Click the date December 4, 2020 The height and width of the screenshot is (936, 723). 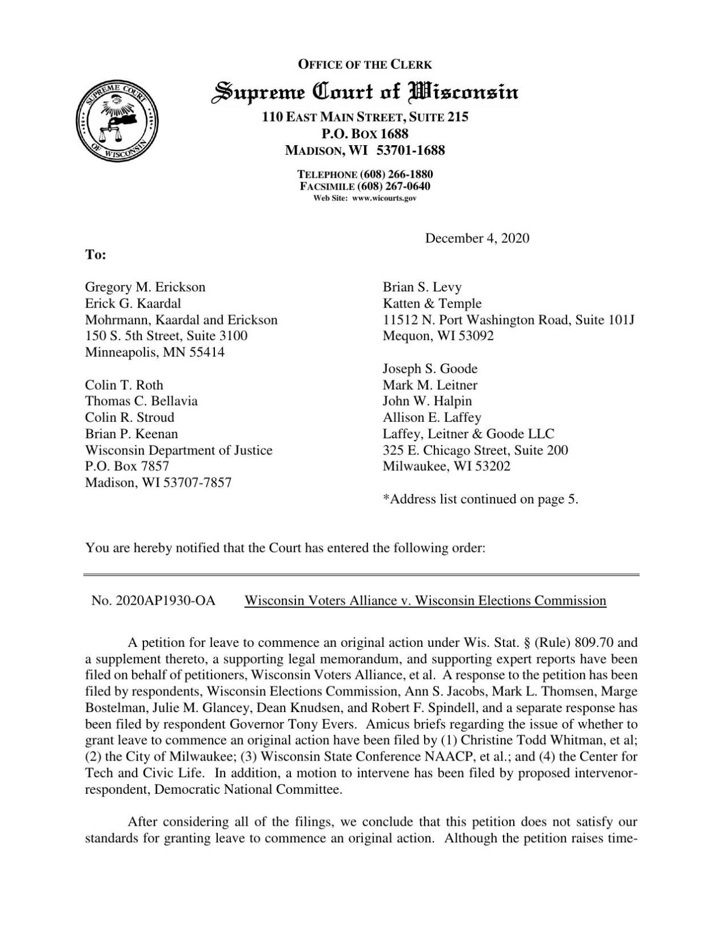click(x=477, y=238)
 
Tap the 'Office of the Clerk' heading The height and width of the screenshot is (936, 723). click(x=365, y=65)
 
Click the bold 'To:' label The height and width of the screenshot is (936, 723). click(x=95, y=255)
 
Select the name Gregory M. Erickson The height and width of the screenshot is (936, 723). click(x=145, y=287)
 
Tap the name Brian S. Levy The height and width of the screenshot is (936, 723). click(x=422, y=287)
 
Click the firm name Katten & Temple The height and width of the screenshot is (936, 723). click(x=432, y=303)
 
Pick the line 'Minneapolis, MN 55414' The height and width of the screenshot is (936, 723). click(x=155, y=352)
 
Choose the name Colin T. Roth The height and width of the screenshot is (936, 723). click(x=124, y=385)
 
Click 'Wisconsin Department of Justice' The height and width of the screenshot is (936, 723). click(x=178, y=450)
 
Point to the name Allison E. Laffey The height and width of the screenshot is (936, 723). click(x=432, y=417)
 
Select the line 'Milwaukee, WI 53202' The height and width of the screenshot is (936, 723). click(x=446, y=466)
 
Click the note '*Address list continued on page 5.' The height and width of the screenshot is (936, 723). click(x=480, y=499)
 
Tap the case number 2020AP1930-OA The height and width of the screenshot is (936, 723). click(x=153, y=601)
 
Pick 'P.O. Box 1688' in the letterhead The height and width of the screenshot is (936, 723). click(x=365, y=134)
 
